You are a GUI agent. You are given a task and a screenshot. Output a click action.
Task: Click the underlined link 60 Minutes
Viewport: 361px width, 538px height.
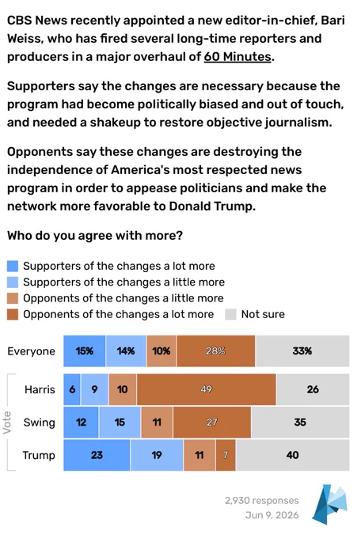click(237, 57)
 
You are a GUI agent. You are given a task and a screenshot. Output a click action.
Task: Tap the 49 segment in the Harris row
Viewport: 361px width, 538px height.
click(206, 389)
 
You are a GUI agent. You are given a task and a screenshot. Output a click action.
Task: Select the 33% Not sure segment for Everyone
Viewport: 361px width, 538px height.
click(302, 351)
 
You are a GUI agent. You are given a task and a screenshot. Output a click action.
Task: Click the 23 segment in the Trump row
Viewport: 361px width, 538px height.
click(97, 455)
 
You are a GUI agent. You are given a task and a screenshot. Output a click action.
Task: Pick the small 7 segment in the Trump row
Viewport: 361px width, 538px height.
click(226, 455)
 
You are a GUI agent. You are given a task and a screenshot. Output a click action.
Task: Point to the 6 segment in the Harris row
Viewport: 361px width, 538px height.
click(72, 389)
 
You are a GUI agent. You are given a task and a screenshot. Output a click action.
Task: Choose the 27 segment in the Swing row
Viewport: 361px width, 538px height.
click(212, 422)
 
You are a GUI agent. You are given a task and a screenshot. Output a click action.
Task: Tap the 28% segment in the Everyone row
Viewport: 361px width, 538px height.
click(215, 351)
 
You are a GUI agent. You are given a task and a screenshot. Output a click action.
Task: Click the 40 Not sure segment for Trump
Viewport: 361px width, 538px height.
click(293, 455)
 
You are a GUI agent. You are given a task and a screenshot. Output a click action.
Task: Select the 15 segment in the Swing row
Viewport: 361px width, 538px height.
click(120, 422)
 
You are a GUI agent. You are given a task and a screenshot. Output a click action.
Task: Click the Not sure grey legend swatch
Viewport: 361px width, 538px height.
click(230, 314)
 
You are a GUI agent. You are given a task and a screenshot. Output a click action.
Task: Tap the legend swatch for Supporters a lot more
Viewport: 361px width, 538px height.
click(13, 266)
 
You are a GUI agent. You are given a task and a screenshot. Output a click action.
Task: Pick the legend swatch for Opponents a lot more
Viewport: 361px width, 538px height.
click(13, 314)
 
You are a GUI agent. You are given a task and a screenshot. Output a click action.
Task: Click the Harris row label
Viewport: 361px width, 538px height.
click(40, 389)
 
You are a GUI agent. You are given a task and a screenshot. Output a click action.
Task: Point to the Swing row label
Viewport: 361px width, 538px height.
click(39, 422)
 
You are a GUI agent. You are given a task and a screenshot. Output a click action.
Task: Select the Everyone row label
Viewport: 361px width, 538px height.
click(31, 351)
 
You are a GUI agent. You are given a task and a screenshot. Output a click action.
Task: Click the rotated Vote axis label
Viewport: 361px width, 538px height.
click(6, 422)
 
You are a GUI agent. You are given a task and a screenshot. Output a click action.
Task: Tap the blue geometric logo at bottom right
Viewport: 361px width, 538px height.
click(330, 505)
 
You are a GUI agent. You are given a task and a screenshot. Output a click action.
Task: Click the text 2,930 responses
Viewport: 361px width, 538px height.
click(262, 501)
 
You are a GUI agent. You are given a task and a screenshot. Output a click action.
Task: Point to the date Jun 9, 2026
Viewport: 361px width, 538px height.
click(272, 515)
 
